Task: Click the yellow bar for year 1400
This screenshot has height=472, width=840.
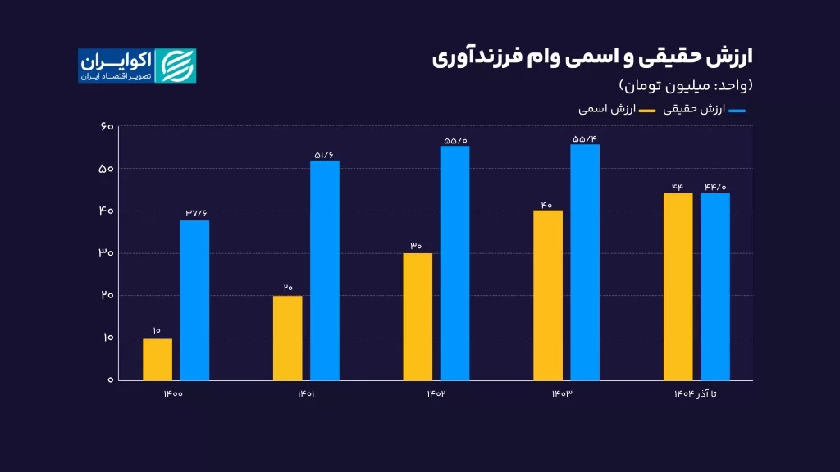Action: click(x=157, y=359)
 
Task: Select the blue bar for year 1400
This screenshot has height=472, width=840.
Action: click(x=194, y=300)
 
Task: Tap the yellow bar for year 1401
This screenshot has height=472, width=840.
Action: click(x=287, y=338)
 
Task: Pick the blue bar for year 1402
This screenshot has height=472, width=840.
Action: click(x=454, y=263)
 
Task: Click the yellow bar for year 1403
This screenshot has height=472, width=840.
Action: click(x=548, y=295)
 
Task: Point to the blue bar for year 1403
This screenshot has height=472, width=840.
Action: click(x=585, y=262)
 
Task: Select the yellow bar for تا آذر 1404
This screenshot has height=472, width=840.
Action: click(x=678, y=287)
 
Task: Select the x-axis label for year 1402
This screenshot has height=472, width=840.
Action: click(x=436, y=394)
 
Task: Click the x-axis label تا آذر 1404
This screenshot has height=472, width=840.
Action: click(x=696, y=394)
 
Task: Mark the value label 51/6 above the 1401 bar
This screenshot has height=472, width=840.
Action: click(x=324, y=154)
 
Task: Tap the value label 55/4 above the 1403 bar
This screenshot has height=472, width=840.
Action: click(x=585, y=138)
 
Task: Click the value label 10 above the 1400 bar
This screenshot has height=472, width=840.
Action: click(x=157, y=331)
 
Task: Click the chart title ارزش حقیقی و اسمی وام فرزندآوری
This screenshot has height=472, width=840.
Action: click(x=592, y=57)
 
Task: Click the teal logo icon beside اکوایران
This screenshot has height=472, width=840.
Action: click(x=176, y=66)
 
